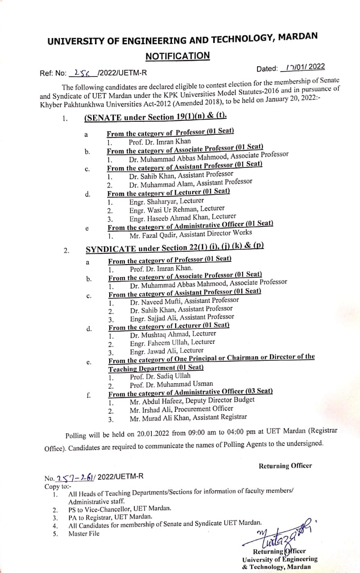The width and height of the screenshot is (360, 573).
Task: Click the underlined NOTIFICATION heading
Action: (x=177, y=56)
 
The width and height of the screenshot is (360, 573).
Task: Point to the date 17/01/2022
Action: (x=304, y=67)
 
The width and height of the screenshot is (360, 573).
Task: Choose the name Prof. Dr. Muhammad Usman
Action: (x=171, y=384)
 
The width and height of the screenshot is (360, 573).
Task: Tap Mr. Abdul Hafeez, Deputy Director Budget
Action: (x=192, y=401)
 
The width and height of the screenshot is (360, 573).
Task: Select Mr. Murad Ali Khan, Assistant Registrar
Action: (x=188, y=417)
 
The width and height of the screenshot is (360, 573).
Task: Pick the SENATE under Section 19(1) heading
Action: (x=155, y=118)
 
